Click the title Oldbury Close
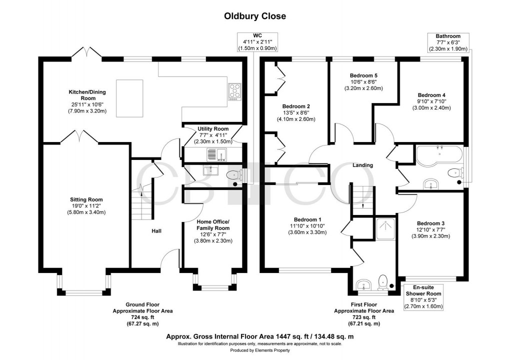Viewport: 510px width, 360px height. coord(254,16)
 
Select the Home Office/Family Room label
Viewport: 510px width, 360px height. coord(212,224)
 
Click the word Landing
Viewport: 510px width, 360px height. coord(363,165)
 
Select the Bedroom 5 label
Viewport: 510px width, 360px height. coord(363,75)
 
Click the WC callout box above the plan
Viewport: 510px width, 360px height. coord(257,42)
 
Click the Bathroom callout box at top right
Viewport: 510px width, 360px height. coord(448,42)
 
